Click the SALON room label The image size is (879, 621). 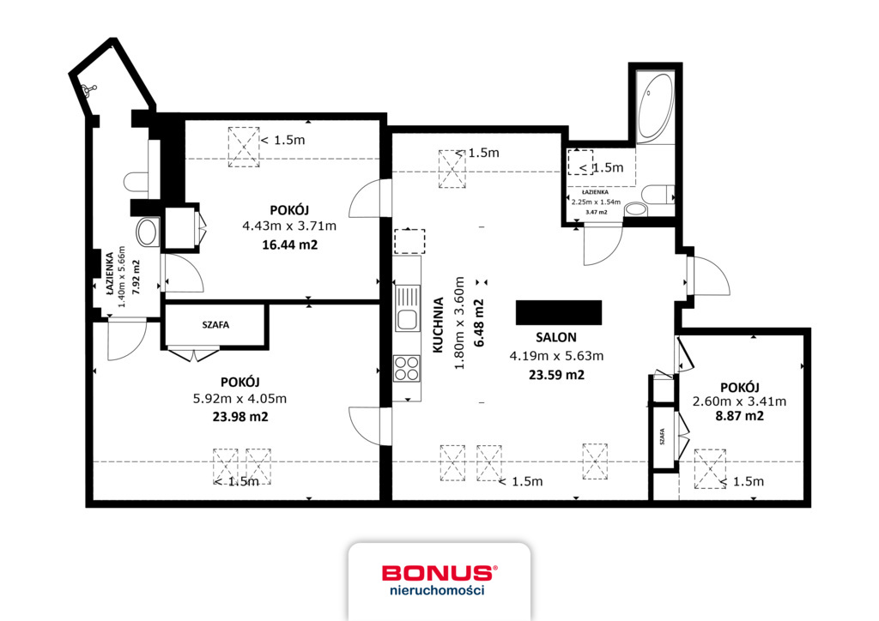pos(555,338)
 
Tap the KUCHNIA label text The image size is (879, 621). pos(439,325)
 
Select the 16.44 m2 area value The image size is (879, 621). pos(290,244)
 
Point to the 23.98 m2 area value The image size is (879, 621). pos(240,417)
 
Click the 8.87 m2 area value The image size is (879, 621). pos(739,416)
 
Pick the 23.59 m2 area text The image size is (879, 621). pos(556,375)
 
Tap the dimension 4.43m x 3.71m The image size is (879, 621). pos(289,226)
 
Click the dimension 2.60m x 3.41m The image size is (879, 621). pos(739,401)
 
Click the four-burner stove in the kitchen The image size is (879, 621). pos(407,369)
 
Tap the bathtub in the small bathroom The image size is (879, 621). pos(655,107)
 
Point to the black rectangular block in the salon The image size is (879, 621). pos(559,312)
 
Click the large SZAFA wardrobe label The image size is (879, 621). pos(215,325)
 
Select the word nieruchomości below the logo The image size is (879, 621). pos(437,590)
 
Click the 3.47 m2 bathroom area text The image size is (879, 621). pos(596,212)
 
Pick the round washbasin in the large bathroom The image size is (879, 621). pos(148,232)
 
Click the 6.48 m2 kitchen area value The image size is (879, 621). pos(479,323)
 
